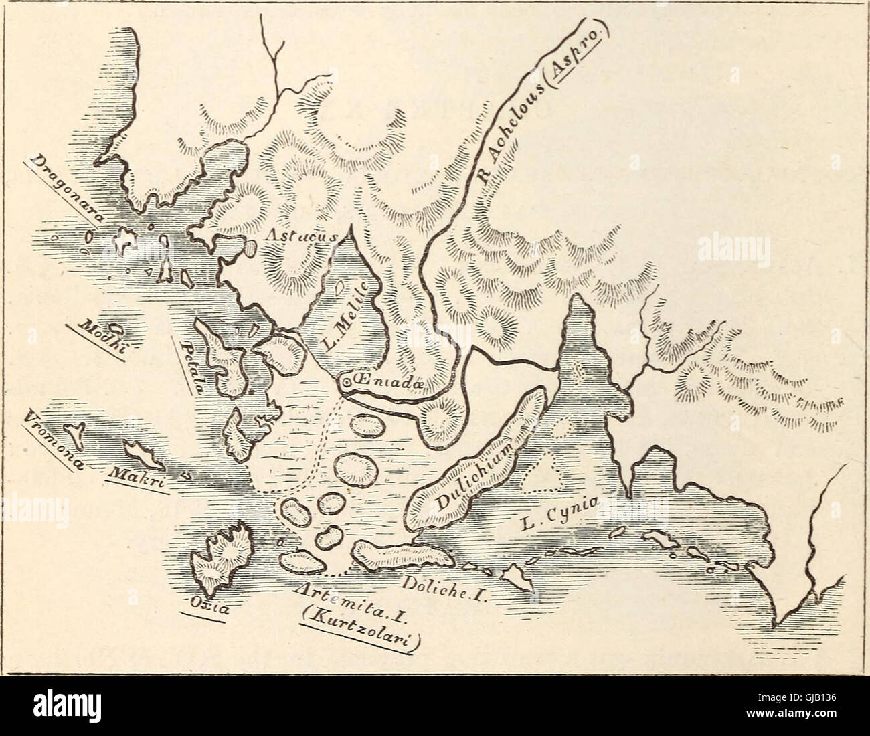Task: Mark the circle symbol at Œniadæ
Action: pyautogui.click(x=347, y=383)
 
